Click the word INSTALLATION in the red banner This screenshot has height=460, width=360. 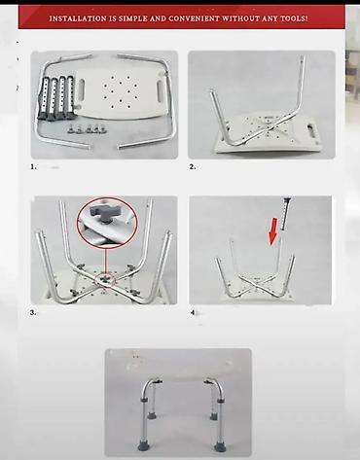click(x=78, y=18)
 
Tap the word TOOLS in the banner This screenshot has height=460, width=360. click(x=294, y=18)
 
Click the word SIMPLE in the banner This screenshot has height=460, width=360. click(x=132, y=18)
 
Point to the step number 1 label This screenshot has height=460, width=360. click(x=33, y=166)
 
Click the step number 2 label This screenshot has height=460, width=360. click(x=193, y=166)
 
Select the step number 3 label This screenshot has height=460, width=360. click(x=33, y=313)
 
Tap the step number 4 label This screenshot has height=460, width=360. click(x=193, y=313)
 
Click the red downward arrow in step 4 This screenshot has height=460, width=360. click(x=273, y=231)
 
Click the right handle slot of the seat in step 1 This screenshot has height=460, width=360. click(x=161, y=89)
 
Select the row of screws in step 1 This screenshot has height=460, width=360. click(x=87, y=128)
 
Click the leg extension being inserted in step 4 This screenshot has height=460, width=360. click(x=286, y=214)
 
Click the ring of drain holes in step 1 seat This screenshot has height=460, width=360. click(x=121, y=92)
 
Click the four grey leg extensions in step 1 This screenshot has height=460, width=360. click(x=55, y=98)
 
